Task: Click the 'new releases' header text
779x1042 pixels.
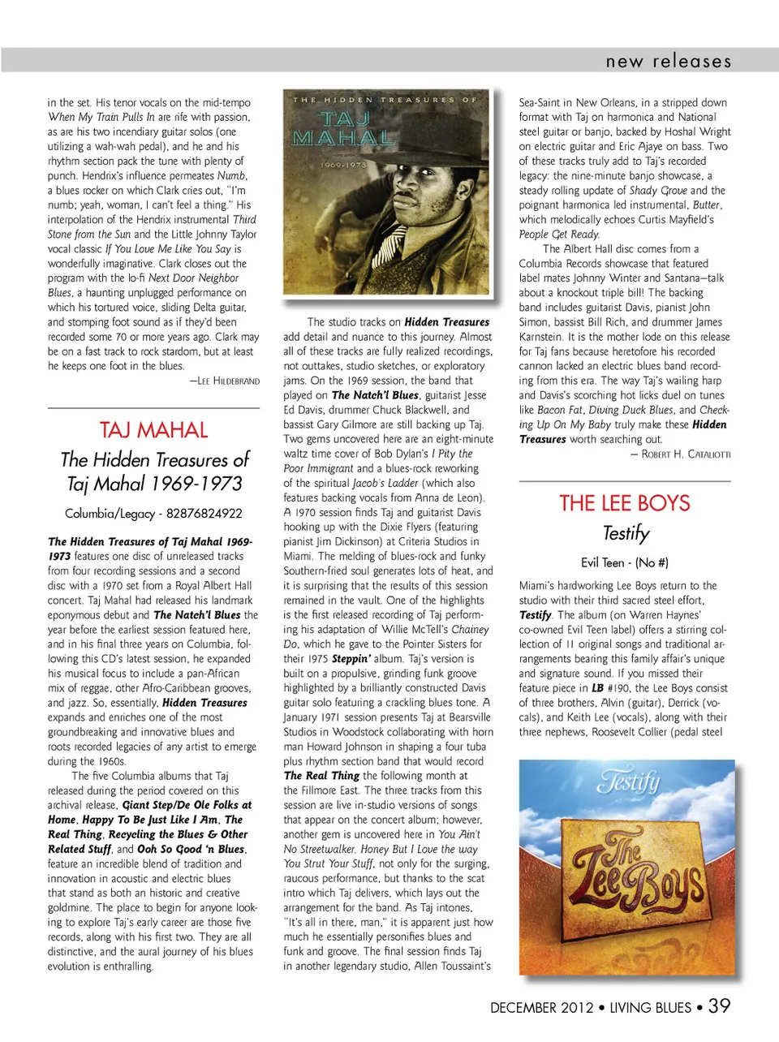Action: point(668,61)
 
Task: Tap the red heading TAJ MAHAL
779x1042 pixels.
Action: point(154,430)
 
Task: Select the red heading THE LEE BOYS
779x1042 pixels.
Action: point(625,503)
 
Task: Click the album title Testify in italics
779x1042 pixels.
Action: point(626,533)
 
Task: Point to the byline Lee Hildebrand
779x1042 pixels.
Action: point(225,381)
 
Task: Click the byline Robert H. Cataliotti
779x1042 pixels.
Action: point(680,454)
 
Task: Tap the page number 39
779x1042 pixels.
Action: point(719,1006)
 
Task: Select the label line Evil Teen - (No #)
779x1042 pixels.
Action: point(625,562)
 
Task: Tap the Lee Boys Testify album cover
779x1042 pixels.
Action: point(626,866)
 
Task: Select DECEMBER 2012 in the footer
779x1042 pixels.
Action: point(541,1008)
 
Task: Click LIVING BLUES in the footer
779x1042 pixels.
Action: point(650,1008)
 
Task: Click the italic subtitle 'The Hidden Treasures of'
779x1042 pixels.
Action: point(154,460)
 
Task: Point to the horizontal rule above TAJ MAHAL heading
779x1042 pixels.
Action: point(153,407)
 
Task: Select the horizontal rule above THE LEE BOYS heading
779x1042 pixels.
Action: point(625,481)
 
